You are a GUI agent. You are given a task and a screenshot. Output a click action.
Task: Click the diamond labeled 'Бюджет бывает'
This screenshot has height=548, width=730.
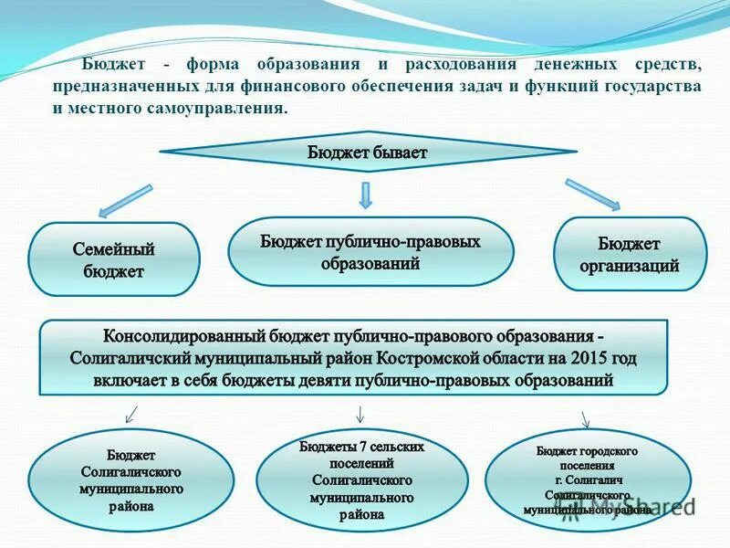366,153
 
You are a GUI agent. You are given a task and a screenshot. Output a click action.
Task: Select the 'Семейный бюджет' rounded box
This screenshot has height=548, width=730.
114,259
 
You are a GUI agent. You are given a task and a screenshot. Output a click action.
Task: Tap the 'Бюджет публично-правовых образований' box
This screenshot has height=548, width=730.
370,251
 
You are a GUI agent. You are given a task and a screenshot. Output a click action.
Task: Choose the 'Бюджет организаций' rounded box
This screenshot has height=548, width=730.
631,255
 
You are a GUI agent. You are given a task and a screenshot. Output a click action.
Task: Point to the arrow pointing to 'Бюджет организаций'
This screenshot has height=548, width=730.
592,194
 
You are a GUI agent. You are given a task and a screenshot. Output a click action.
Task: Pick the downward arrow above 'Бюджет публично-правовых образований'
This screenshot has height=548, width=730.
365,194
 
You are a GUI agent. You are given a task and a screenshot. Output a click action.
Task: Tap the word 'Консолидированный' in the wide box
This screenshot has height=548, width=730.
179,334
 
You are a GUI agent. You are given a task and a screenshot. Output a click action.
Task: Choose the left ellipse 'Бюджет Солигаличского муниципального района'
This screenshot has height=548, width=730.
131,481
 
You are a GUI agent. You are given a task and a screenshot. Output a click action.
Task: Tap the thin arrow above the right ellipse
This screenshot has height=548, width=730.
586,418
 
